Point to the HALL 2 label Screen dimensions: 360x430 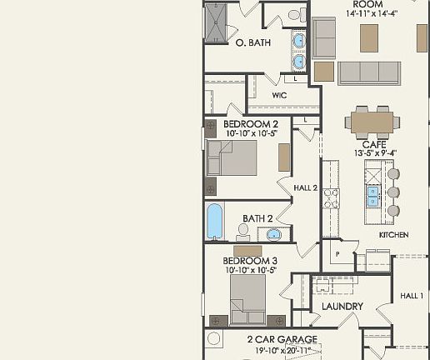(x=306, y=188)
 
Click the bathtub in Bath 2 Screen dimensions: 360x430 (x=215, y=222)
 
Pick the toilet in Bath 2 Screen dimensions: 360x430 (x=243, y=231)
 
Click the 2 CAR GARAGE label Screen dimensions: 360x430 (x=282, y=339)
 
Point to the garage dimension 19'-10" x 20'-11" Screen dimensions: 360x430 (x=282, y=351)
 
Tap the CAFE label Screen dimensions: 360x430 (x=372, y=144)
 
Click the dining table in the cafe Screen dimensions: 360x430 (x=372, y=122)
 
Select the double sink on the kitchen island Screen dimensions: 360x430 (x=372, y=195)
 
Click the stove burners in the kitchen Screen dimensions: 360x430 (x=330, y=197)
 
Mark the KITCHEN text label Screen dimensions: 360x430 (x=393, y=235)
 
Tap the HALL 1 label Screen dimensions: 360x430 (x=412, y=296)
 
